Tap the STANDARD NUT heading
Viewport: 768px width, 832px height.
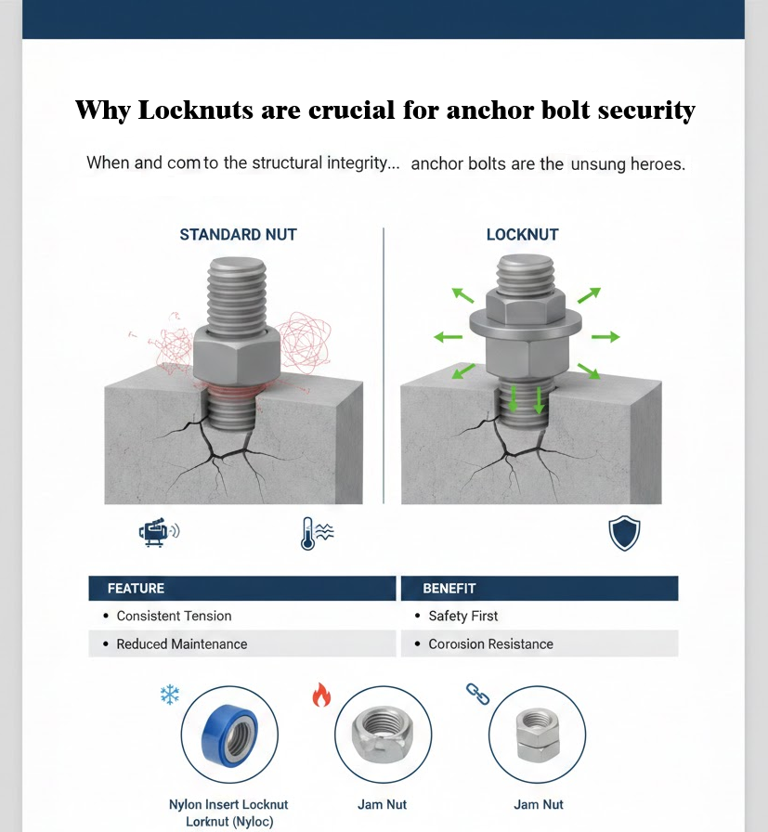238,235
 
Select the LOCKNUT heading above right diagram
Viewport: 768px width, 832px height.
522,235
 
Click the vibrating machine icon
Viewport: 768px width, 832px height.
158,531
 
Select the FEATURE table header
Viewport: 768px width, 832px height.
136,588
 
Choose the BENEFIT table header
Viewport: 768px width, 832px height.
449,588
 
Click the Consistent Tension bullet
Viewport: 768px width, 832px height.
174,616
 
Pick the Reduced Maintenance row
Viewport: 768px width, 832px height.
181,643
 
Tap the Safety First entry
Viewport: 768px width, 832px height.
462,616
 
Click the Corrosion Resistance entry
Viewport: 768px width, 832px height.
490,643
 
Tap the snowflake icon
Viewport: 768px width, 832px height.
169,694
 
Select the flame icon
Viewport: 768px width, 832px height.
320,695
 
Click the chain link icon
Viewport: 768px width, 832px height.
476,694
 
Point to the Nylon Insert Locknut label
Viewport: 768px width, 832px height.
228,804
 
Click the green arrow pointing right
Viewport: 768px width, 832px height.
605,336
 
